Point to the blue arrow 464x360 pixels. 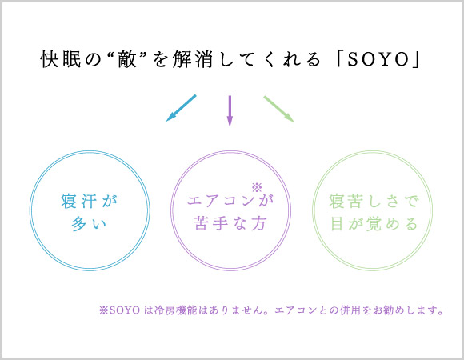(x=181, y=108)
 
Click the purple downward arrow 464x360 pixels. (x=230, y=110)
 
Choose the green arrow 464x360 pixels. (x=279, y=108)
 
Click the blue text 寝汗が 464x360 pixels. (x=90, y=200)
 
